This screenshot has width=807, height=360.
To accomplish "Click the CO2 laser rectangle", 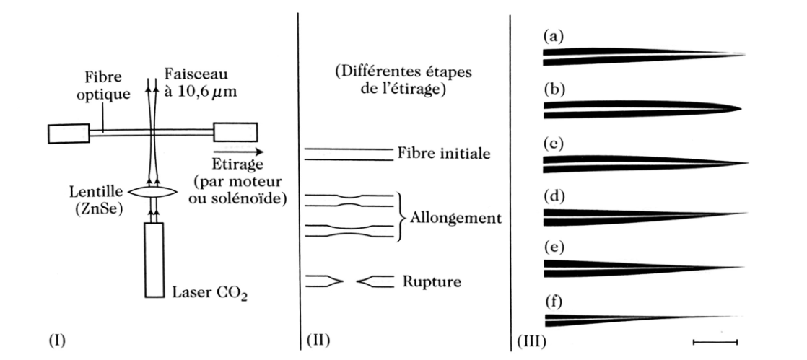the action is coord(154,260).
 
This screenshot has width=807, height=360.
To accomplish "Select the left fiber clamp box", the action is coord(69,133).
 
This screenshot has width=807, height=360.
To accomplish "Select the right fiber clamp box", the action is coord(235,131).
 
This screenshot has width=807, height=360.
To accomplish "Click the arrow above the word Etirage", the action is coord(237,152).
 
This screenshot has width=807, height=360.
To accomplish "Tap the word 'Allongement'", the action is coord(456,218).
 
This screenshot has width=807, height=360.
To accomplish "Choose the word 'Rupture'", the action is coord(432,282).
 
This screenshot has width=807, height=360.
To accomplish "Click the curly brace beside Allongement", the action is coord(401,216).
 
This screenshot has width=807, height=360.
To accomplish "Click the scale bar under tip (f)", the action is coord(715,341).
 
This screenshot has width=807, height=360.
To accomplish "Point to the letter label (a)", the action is coord(554,37).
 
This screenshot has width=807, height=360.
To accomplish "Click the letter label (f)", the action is coord(553,301).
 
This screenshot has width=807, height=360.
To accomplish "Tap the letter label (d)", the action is coord(554,196).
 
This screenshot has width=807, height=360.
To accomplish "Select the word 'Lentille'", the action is coord(97,193).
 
